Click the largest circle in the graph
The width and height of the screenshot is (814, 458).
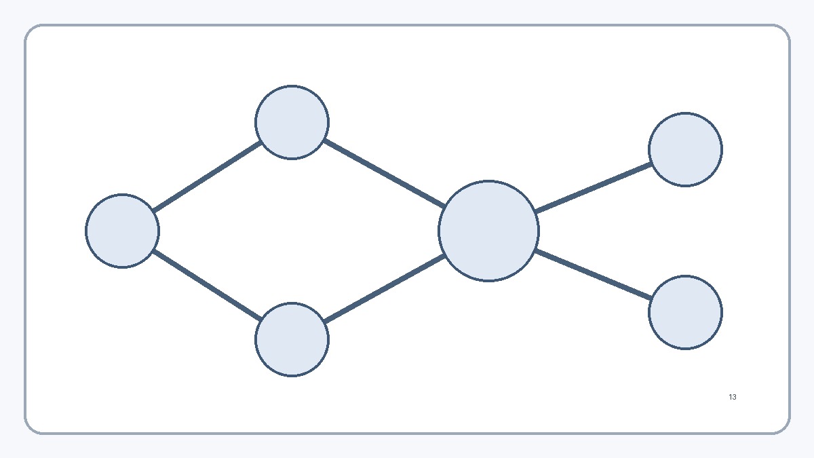[x=488, y=231]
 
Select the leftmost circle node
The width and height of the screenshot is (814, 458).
[x=122, y=231]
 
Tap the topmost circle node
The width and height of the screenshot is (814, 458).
[x=292, y=122]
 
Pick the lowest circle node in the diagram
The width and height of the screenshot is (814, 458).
[x=292, y=339]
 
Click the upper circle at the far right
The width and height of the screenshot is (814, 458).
[x=685, y=149]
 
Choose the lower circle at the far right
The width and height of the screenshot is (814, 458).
[x=685, y=312]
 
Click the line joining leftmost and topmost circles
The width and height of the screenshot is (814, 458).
[x=207, y=176]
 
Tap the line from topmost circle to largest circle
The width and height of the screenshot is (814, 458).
[x=385, y=174]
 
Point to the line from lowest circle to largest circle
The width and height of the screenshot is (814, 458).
[x=385, y=288]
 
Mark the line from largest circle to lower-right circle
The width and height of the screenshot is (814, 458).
[x=594, y=274]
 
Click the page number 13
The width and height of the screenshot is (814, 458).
[x=733, y=397]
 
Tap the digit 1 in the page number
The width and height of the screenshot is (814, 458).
[x=731, y=397]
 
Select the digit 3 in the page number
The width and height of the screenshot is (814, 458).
[x=735, y=397]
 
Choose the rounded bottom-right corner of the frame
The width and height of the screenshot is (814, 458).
[x=784, y=428]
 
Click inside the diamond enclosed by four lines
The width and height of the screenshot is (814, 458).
[x=291, y=231]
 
